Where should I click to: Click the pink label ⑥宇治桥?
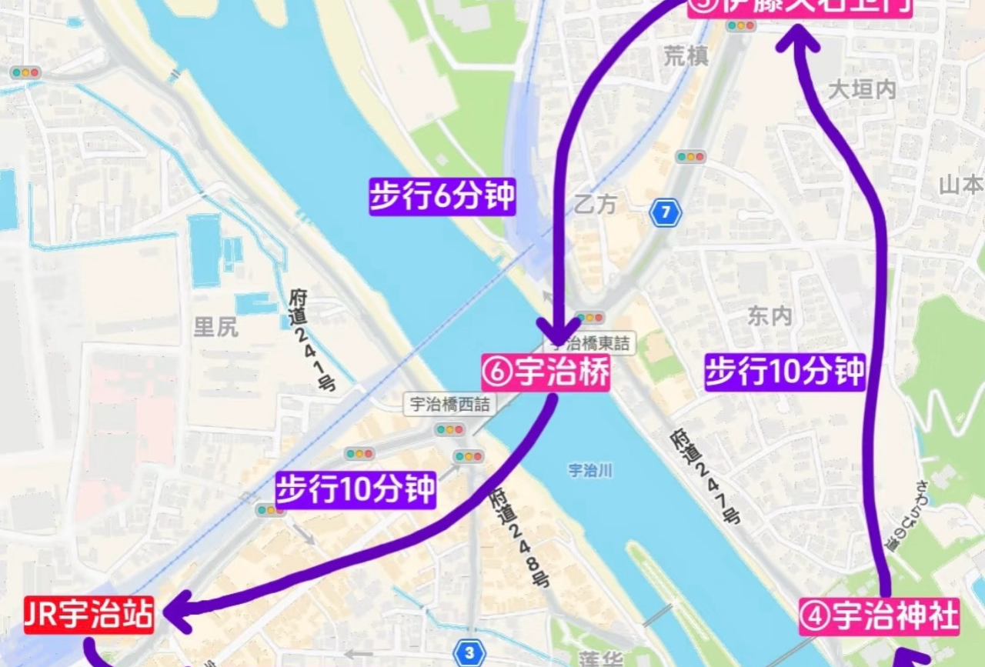coord(546,373)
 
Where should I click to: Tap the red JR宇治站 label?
coord(88,615)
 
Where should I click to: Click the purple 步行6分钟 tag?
coord(442,197)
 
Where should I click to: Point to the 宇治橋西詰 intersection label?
coord(450,404)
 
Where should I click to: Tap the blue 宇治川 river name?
coord(590,470)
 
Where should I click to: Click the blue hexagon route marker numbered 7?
coord(665,212)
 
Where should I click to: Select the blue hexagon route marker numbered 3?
coord(469,652)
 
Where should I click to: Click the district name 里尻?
coord(215,327)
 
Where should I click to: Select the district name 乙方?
coord(596,205)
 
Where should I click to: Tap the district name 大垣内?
coord(862,90)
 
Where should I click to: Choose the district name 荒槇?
coord(686,55)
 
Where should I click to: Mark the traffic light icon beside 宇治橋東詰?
coord(590,318)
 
